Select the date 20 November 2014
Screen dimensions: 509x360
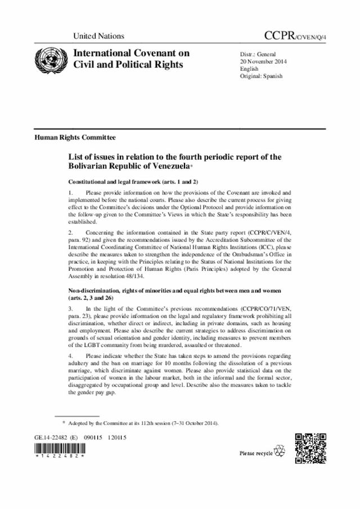(x=264, y=61)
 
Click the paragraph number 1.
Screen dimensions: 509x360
(x=70, y=193)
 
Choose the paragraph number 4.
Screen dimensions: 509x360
(x=70, y=357)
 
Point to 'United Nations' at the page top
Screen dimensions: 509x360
(x=98, y=36)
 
